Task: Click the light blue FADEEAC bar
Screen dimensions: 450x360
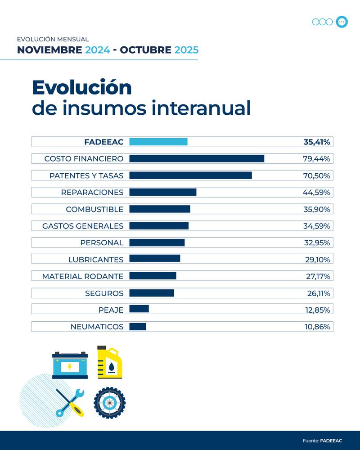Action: pyautogui.click(x=158, y=142)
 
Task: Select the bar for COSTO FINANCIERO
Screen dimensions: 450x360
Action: pyautogui.click(x=197, y=158)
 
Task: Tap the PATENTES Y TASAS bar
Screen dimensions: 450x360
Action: pyautogui.click(x=190, y=175)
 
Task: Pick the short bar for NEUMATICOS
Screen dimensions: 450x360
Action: pyautogui.click(x=138, y=327)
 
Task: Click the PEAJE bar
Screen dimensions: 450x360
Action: pyautogui.click(x=139, y=310)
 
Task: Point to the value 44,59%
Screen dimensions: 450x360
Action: pyautogui.click(x=316, y=192)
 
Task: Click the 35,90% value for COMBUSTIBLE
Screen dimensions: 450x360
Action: pyautogui.click(x=316, y=209)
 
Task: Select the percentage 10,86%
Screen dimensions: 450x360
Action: pyautogui.click(x=317, y=327)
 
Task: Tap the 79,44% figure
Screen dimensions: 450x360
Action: pyautogui.click(x=316, y=158)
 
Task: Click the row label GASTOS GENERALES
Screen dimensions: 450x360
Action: pyautogui.click(x=83, y=226)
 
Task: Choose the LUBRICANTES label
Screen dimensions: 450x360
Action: pyautogui.click(x=95, y=260)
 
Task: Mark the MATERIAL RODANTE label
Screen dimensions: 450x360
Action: pyautogui.click(x=83, y=276)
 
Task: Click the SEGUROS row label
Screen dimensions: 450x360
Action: pyautogui.click(x=104, y=293)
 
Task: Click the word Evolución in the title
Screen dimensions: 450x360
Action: pyautogui.click(x=81, y=87)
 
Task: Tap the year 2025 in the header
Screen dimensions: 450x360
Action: pyautogui.click(x=186, y=49)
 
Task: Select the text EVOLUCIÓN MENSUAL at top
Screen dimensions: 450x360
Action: pyautogui.click(x=53, y=40)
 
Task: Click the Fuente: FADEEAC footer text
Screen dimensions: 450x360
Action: pyautogui.click(x=322, y=441)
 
